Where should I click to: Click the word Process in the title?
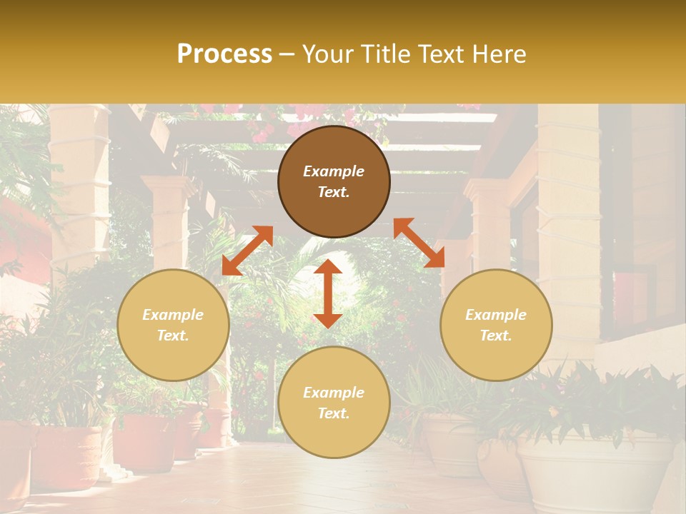tap(224, 54)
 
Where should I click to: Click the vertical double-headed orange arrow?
tap(328, 293)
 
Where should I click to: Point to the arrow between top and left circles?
tap(247, 251)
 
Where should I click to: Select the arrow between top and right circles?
tap(419, 243)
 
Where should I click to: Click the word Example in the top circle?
tap(334, 171)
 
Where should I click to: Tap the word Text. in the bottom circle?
tap(334, 413)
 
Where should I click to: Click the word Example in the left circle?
tap(173, 315)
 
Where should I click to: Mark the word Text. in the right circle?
tap(496, 336)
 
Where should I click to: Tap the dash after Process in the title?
tap(287, 54)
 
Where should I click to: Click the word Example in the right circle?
tap(496, 315)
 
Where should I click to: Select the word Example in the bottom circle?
tap(334, 393)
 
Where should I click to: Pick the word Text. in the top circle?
tap(334, 192)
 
